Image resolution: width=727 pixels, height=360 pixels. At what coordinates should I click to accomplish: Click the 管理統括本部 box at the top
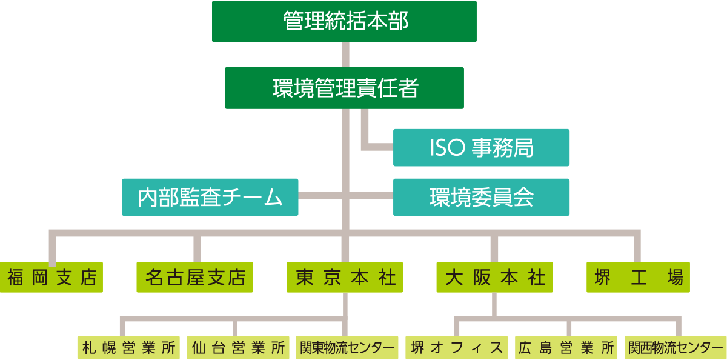pyautogui.click(x=344, y=21)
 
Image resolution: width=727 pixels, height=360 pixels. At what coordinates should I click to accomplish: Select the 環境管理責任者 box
pyautogui.click(x=344, y=88)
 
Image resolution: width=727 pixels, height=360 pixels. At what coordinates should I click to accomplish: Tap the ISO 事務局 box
pyautogui.click(x=481, y=147)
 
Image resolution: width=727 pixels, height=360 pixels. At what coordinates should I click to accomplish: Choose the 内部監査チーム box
pyautogui.click(x=210, y=197)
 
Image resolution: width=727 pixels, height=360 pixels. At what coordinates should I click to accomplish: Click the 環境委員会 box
pyautogui.click(x=481, y=197)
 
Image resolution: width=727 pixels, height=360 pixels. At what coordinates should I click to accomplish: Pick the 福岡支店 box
pyautogui.click(x=51, y=278)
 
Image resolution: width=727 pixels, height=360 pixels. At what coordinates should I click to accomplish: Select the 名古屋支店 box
pyautogui.click(x=194, y=278)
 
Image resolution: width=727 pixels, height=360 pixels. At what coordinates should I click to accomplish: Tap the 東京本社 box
pyautogui.click(x=345, y=278)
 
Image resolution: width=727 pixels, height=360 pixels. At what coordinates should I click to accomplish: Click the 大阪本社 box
pyautogui.click(x=494, y=278)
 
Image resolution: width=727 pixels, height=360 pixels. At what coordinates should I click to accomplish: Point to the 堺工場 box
pyautogui.click(x=639, y=278)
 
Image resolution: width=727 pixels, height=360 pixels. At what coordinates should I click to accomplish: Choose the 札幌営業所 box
pyautogui.click(x=129, y=348)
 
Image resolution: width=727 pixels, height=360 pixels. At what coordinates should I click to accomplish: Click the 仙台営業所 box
pyautogui.click(x=238, y=348)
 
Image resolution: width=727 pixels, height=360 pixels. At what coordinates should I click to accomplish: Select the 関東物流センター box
pyautogui.click(x=347, y=348)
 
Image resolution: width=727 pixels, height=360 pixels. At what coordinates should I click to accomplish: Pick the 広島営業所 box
pyautogui.click(x=566, y=348)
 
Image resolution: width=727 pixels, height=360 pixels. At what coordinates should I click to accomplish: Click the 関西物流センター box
pyautogui.click(x=675, y=348)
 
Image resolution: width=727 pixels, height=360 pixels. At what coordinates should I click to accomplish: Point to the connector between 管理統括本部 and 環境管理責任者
pyautogui.click(x=345, y=55)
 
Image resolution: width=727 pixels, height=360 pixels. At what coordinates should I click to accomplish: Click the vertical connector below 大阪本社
pyautogui.click(x=495, y=304)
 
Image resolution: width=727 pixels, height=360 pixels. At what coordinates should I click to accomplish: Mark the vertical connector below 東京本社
pyautogui.click(x=345, y=304)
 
